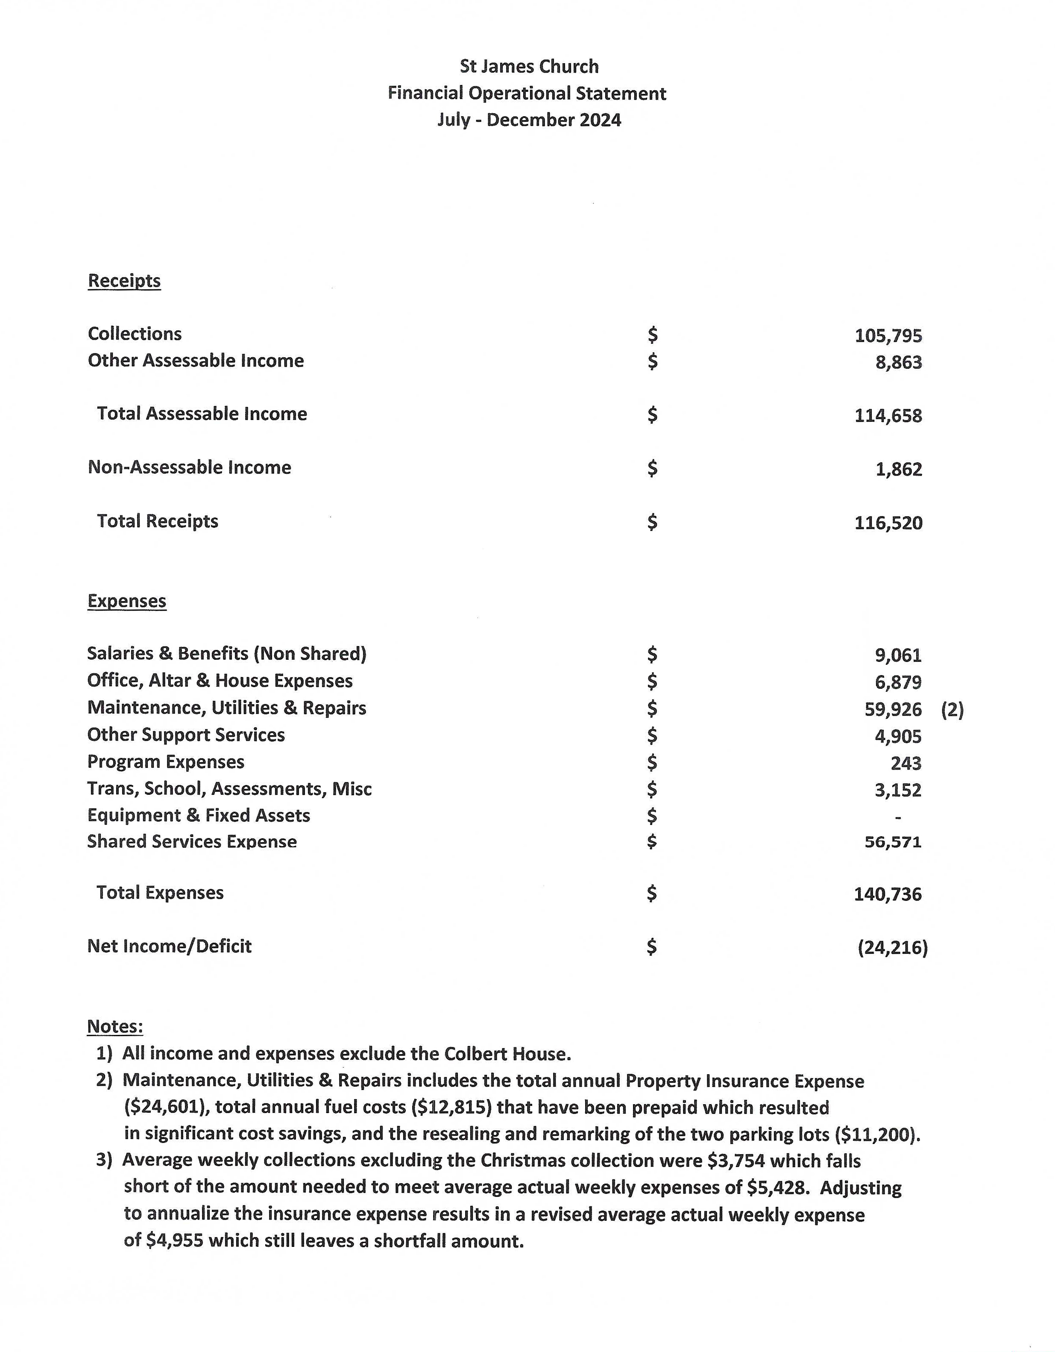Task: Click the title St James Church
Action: (529, 66)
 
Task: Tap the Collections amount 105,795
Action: (888, 335)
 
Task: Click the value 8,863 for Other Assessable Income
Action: (898, 362)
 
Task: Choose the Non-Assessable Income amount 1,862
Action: (898, 469)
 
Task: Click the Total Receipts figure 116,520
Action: (888, 523)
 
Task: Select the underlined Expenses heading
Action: (127, 601)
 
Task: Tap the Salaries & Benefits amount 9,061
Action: (898, 655)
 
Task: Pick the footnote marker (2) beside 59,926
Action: (952, 709)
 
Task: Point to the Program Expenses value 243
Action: (906, 763)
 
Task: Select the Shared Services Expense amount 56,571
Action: (893, 843)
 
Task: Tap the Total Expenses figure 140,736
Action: (888, 894)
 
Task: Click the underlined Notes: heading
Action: (115, 1027)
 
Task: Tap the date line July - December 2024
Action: (529, 120)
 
